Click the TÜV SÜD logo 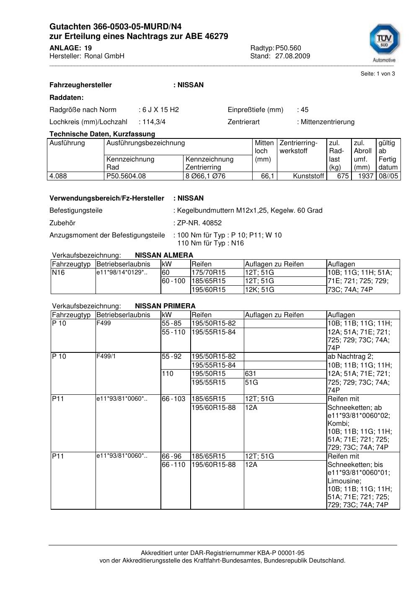tap(384, 42)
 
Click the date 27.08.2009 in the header tap(292, 56)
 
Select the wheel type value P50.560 tap(288, 48)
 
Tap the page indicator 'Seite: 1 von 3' tap(377, 74)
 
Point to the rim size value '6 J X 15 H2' tap(160, 110)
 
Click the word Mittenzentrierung tap(328, 122)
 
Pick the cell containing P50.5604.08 tap(126, 176)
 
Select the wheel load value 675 tap(343, 176)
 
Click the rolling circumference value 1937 tap(365, 176)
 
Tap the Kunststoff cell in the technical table tap(309, 176)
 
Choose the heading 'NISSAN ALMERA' tap(164, 255)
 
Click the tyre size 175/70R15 tap(209, 273)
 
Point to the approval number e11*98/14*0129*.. tap(121, 273)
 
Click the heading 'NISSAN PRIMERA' tap(165, 306)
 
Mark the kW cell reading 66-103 tap(173, 399)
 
